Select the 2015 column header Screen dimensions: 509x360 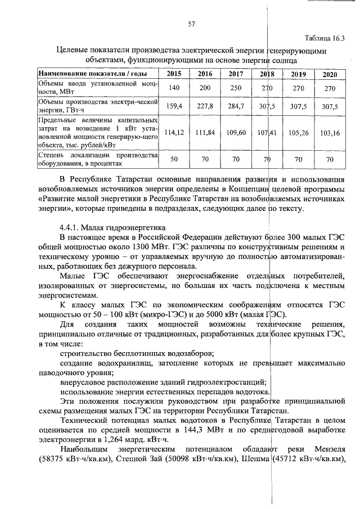[174, 74]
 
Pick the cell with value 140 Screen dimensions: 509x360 [174, 88]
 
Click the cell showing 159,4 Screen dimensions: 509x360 [174, 106]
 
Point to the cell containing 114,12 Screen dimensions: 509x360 [174, 133]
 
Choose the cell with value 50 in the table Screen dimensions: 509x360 [174, 159]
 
